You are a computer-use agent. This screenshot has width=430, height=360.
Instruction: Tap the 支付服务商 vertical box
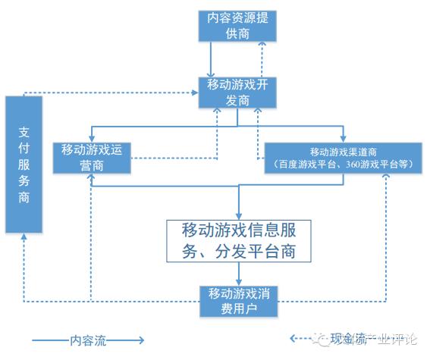click(x=24, y=164)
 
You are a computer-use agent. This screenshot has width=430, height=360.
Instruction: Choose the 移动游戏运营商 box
click(x=92, y=157)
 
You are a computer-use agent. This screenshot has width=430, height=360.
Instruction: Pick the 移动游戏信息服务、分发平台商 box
click(x=238, y=240)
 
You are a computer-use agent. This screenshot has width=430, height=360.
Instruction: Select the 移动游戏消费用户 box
click(x=238, y=300)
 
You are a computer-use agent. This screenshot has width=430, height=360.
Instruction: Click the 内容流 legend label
click(x=87, y=341)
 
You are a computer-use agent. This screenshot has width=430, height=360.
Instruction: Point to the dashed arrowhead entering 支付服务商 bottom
click(x=24, y=237)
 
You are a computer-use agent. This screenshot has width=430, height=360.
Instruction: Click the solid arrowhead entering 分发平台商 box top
click(x=239, y=214)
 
